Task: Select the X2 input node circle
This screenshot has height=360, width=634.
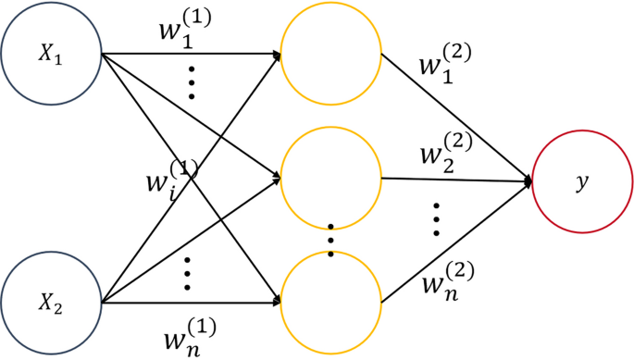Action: coord(51,302)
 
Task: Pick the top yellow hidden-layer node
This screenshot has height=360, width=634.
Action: coord(330,54)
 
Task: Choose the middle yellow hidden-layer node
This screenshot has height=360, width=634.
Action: coord(330,177)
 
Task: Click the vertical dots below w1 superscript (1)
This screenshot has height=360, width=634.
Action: coord(192,83)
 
